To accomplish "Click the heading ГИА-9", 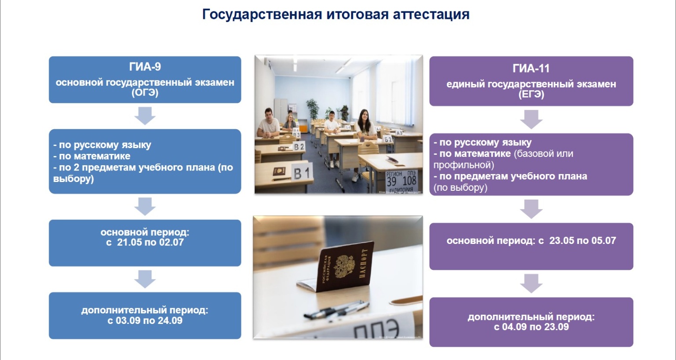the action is click(145, 67).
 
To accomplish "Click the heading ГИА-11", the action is click(531, 69).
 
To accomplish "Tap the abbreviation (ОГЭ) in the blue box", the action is click(145, 92).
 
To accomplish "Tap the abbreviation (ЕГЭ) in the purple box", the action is click(531, 95).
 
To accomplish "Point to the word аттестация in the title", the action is click(431, 14).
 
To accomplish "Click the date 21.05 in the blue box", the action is click(129, 242).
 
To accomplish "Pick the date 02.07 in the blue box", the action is click(171, 242).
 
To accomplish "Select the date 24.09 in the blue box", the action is click(170, 320).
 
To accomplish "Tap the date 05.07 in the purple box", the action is click(603, 240).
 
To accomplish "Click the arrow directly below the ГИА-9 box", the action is click(145, 116).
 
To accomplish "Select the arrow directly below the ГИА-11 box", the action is click(531, 120).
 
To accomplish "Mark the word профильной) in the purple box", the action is click(464, 165).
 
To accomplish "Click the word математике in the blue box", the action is click(102, 156).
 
